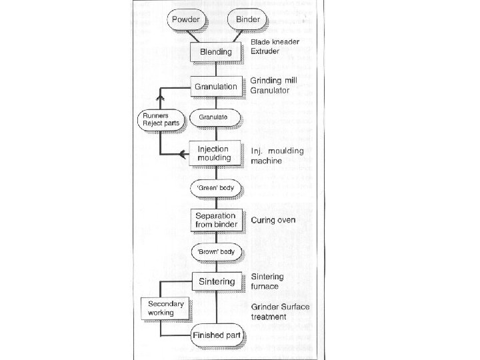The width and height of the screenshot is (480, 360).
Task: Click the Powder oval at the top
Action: tap(186, 19)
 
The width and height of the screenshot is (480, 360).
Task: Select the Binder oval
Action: tap(247, 19)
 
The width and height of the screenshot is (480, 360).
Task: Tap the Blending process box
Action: tap(215, 51)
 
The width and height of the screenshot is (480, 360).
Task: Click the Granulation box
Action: tap(215, 87)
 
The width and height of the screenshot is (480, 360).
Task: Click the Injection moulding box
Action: tap(213, 153)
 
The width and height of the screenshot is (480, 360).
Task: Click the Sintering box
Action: tap(216, 281)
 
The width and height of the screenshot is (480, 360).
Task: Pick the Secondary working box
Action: tap(162, 308)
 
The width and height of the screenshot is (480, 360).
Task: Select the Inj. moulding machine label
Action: tap(276, 156)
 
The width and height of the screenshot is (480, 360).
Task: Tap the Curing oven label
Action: tap(273, 219)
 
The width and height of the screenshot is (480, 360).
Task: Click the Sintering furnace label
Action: tap(267, 281)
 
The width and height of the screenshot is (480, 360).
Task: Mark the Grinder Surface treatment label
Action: tap(277, 312)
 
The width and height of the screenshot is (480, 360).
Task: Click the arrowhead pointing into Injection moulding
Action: tap(184, 155)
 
